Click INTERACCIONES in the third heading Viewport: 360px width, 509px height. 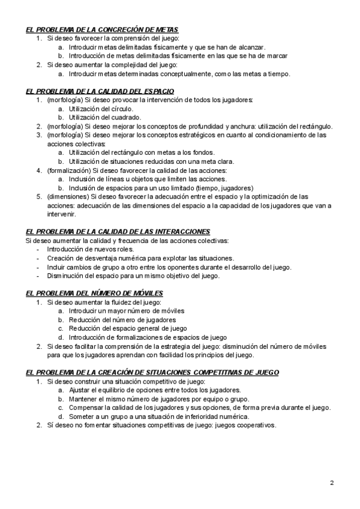(178, 232)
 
